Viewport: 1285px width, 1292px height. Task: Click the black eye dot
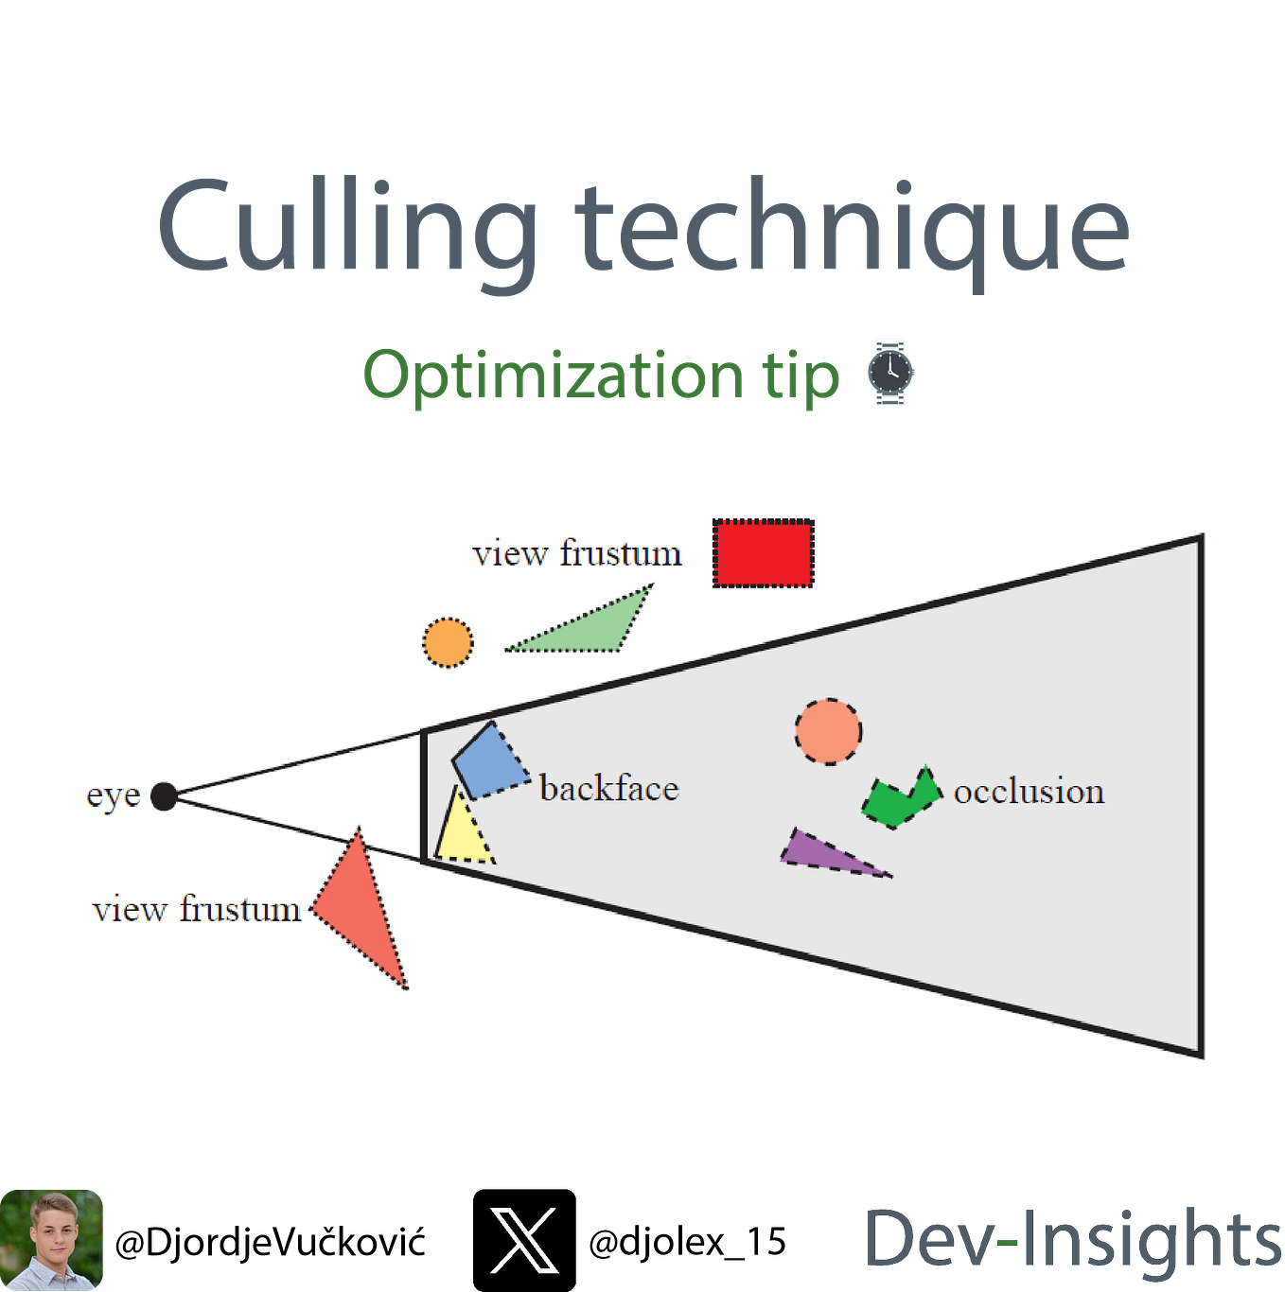[x=164, y=795]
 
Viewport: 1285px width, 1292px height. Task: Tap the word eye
[x=114, y=796]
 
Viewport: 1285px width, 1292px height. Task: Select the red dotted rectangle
[x=763, y=553]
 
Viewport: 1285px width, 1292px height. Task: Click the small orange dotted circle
[x=448, y=641]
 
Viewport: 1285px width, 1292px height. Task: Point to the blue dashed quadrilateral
[x=490, y=761]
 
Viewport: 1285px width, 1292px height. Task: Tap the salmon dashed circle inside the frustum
[x=828, y=731]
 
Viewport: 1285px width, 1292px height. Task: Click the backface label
[x=609, y=788]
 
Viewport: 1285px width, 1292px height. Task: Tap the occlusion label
[x=1029, y=791]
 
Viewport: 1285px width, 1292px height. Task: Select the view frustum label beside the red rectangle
[x=577, y=554]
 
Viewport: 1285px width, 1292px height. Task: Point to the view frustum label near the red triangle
[x=197, y=910]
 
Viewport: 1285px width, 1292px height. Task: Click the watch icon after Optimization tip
[x=889, y=373]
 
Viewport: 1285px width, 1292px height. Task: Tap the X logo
[x=524, y=1240]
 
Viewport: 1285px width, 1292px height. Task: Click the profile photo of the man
[x=52, y=1240]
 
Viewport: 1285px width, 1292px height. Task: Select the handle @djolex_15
[x=686, y=1242]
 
